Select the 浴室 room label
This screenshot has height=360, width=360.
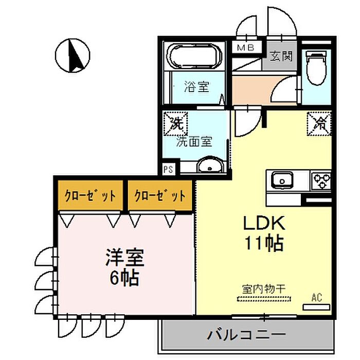[x=196, y=87]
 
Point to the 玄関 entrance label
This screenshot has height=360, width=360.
[x=281, y=55]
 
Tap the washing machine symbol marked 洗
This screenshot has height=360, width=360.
[x=176, y=123]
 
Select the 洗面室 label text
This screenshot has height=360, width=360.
[x=194, y=141]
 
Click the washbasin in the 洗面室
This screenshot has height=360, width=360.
[x=209, y=167]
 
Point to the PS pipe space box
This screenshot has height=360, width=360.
[x=168, y=169]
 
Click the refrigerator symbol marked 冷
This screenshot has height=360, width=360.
[x=319, y=124]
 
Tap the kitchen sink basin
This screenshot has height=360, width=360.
[x=281, y=181]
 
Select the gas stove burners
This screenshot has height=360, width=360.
[x=321, y=181]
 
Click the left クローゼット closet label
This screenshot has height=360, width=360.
[x=90, y=196]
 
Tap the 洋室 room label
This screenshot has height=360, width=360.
[x=125, y=257]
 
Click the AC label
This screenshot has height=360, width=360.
[x=317, y=297]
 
